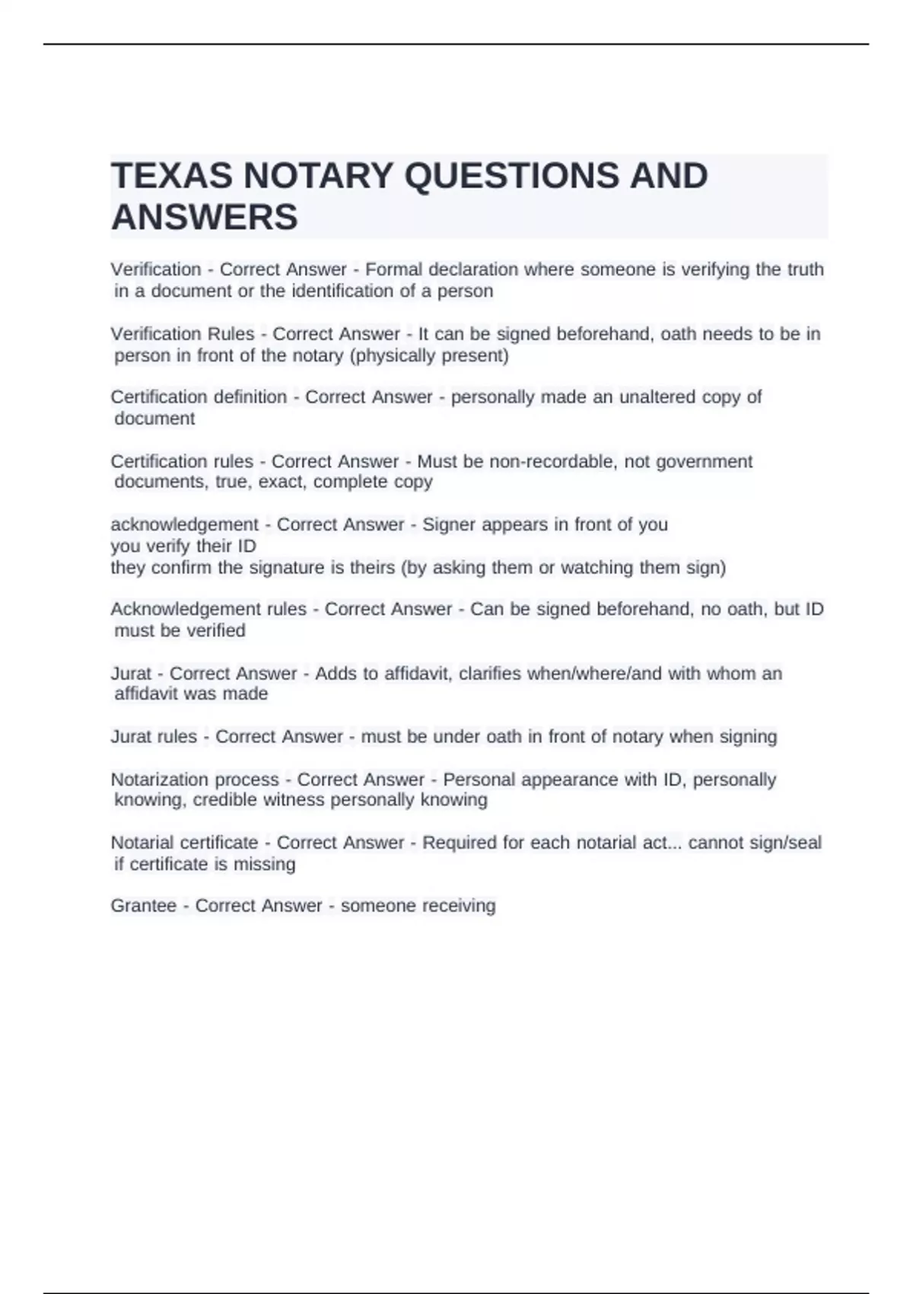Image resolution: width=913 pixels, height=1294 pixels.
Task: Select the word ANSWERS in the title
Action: pyautogui.click(x=205, y=218)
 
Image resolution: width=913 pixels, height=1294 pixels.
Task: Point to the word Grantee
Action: pyautogui.click(x=144, y=906)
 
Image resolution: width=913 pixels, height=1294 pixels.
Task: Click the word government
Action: pyautogui.click(x=704, y=461)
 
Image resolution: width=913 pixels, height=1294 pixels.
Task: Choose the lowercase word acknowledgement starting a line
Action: pyautogui.click(x=185, y=524)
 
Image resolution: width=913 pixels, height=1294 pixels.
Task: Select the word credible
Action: pyautogui.click(x=225, y=800)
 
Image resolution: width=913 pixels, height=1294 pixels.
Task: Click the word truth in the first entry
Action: pyautogui.click(x=803, y=269)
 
